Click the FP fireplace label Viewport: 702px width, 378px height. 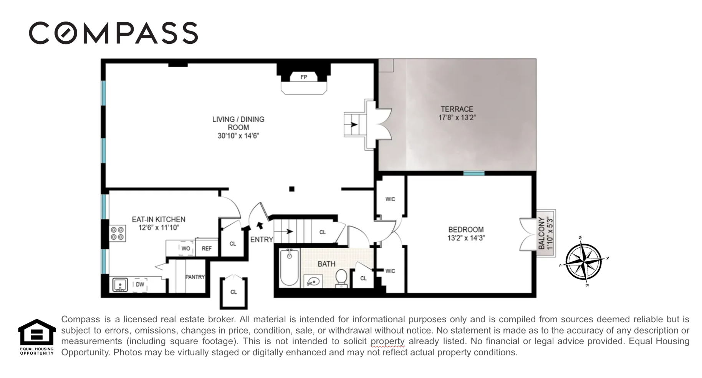304,77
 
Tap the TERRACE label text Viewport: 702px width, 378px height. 457,109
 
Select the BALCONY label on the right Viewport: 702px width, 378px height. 541,233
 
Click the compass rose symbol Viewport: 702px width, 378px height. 583,262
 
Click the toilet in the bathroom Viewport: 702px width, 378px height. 341,277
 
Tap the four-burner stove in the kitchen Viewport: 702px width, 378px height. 118,234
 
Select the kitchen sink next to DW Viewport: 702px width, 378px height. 120,285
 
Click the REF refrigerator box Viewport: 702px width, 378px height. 207,249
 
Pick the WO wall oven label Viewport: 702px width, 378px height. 185,249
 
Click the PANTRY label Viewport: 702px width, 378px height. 195,277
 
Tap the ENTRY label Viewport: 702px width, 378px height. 262,240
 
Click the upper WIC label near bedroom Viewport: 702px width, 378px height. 390,199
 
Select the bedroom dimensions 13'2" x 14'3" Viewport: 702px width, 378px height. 466,238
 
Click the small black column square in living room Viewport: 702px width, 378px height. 292,189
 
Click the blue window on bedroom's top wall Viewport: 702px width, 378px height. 474,174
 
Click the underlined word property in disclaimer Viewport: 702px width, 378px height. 387,341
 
